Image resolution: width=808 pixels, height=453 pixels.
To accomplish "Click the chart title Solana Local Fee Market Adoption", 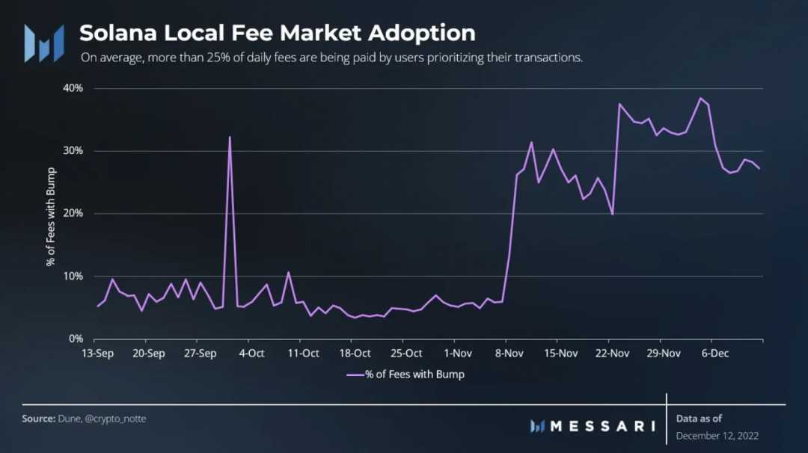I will point(277,33).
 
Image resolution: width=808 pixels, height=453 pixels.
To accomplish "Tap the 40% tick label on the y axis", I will point(73,88).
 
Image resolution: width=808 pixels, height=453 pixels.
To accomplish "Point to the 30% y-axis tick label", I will point(73,151).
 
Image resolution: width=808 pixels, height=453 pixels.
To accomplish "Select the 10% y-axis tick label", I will point(73,277).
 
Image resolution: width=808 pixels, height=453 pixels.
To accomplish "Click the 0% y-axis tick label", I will point(75,339).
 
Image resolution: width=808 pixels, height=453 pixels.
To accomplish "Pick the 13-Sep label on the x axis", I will point(97,354).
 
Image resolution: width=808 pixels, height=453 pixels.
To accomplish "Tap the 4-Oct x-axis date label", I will point(251,354).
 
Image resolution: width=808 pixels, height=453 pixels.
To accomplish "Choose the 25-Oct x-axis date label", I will point(406,354).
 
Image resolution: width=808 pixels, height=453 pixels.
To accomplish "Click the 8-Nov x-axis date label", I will point(509,354).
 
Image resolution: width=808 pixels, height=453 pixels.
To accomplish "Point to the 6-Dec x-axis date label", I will point(714,354).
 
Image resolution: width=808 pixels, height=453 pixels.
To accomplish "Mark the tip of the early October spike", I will point(230,138).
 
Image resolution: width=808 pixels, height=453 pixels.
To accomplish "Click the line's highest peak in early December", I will point(700,98).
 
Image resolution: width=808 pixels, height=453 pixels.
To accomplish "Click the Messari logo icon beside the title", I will point(43,43).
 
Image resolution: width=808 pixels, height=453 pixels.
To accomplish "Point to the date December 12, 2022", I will point(717,435).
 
